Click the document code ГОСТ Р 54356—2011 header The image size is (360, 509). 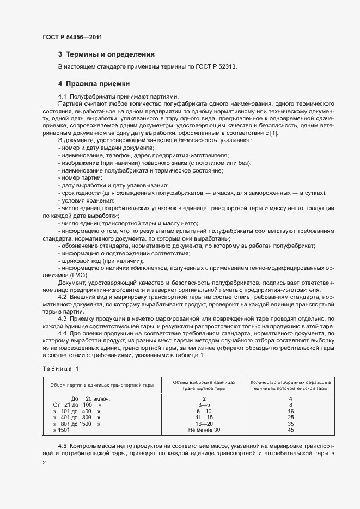[x=72, y=38]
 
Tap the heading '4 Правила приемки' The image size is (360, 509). [x=94, y=84]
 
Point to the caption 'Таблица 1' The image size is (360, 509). [x=60, y=369]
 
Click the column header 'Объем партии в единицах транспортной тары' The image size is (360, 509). [x=102, y=385]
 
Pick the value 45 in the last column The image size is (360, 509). [x=290, y=430]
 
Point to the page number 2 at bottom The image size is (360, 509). [x=44, y=463]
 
